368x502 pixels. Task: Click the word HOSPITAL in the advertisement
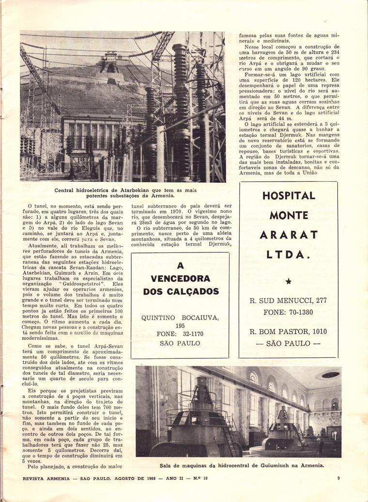tap(289, 196)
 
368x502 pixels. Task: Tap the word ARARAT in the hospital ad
tap(289, 235)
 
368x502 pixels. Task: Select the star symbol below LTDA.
tap(289, 281)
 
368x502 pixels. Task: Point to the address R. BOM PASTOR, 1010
tap(288, 332)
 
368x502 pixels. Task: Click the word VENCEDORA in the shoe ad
tap(180, 279)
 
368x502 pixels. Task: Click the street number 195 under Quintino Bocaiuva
tap(180, 325)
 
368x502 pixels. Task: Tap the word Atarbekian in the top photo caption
tap(134, 190)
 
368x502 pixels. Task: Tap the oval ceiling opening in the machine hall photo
tap(330, 374)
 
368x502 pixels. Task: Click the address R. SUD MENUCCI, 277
tap(288, 300)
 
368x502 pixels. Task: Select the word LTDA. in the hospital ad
tap(289, 254)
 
